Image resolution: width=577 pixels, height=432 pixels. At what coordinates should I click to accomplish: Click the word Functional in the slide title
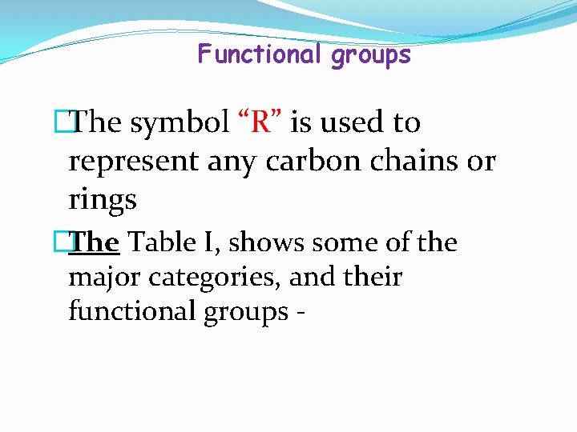pos(259,54)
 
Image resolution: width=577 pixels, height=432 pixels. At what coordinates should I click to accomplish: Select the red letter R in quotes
pos(260,123)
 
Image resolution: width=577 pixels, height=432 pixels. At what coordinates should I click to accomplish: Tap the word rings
pos(103,200)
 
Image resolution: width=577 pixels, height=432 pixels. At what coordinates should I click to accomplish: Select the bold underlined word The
pos(95,242)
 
